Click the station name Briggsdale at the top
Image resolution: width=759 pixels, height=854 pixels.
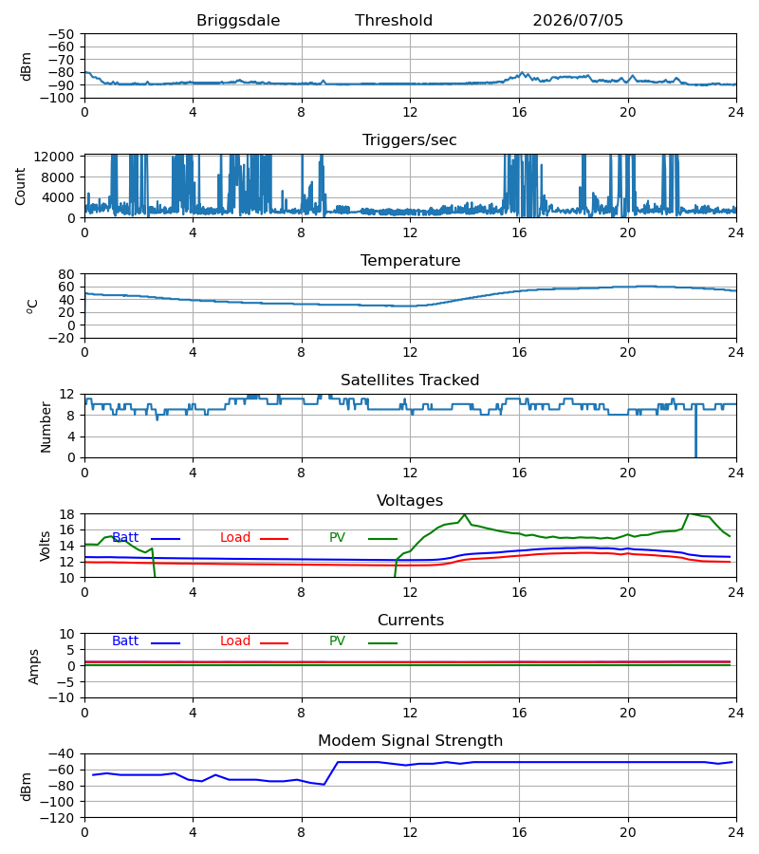point(238,20)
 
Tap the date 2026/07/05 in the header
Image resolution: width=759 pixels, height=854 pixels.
point(578,20)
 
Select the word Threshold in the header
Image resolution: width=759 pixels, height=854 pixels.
point(394,20)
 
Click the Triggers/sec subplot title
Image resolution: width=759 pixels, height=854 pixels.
point(410,140)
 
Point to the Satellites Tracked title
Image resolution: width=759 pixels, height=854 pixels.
point(410,380)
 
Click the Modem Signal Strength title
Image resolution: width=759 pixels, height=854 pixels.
point(410,741)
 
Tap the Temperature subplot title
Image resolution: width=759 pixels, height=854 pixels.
point(410,260)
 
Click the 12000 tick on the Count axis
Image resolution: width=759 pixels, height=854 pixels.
point(54,157)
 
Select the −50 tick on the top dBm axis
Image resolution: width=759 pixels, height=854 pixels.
point(61,34)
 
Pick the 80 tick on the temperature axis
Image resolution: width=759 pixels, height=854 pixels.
point(66,274)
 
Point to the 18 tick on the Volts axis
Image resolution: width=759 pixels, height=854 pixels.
point(66,514)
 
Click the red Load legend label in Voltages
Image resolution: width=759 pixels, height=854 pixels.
point(235,538)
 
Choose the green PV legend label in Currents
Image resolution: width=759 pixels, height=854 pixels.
point(337,641)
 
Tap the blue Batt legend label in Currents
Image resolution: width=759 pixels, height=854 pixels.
point(125,641)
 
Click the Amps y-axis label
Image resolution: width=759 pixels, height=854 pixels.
point(34,667)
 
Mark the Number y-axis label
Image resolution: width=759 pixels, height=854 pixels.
point(46,427)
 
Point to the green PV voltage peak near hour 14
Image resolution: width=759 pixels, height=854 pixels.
point(465,514)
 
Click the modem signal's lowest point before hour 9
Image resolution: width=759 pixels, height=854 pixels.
point(324,785)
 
